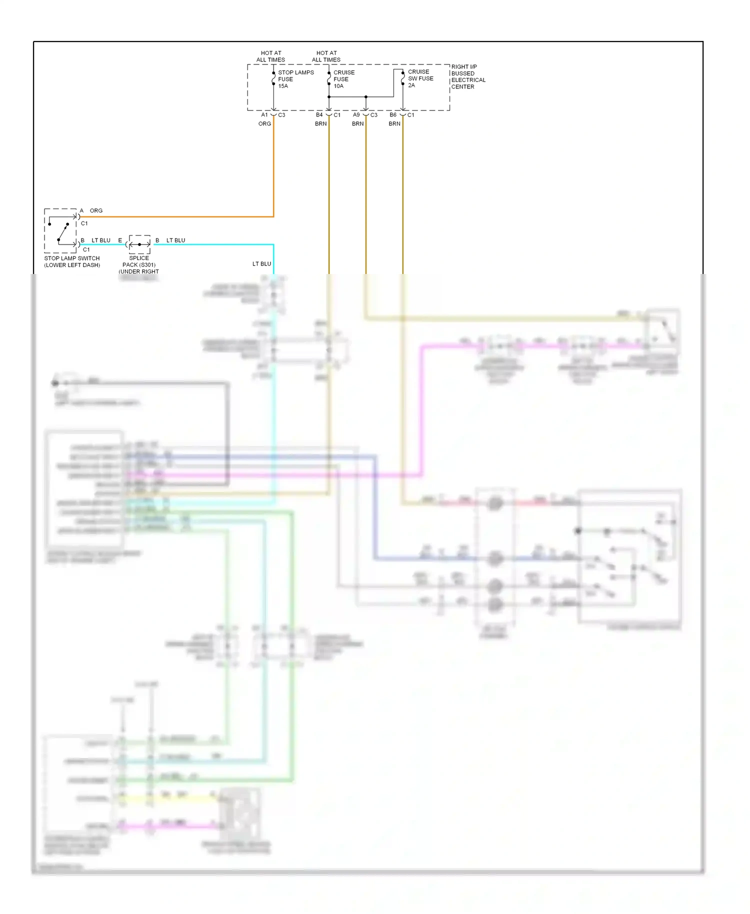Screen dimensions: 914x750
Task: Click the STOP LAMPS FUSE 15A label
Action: click(x=295, y=79)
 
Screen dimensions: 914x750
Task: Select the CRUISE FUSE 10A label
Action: click(x=343, y=79)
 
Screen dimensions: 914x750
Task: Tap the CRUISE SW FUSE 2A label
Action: click(x=420, y=78)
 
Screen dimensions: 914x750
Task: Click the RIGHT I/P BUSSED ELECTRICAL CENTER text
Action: click(x=467, y=76)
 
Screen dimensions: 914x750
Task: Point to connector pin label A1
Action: click(x=264, y=115)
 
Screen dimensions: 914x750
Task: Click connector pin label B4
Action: click(x=319, y=115)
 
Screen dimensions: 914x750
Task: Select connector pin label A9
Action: click(x=356, y=115)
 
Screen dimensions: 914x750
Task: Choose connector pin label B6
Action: click(x=393, y=115)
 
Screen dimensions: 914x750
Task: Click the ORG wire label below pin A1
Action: click(x=264, y=123)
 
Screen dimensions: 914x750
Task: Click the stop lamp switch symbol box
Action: click(x=60, y=230)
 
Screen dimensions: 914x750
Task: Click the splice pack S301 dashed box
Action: click(x=139, y=244)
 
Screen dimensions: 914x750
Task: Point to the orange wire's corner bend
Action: click(x=273, y=216)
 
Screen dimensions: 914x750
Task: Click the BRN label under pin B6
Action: click(x=394, y=123)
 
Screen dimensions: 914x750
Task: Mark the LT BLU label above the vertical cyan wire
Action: click(x=261, y=263)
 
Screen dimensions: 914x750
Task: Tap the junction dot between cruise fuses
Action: click(x=366, y=96)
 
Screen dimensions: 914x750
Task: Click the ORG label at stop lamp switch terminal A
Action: click(x=96, y=210)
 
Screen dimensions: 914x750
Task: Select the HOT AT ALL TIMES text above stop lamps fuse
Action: click(x=270, y=56)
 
